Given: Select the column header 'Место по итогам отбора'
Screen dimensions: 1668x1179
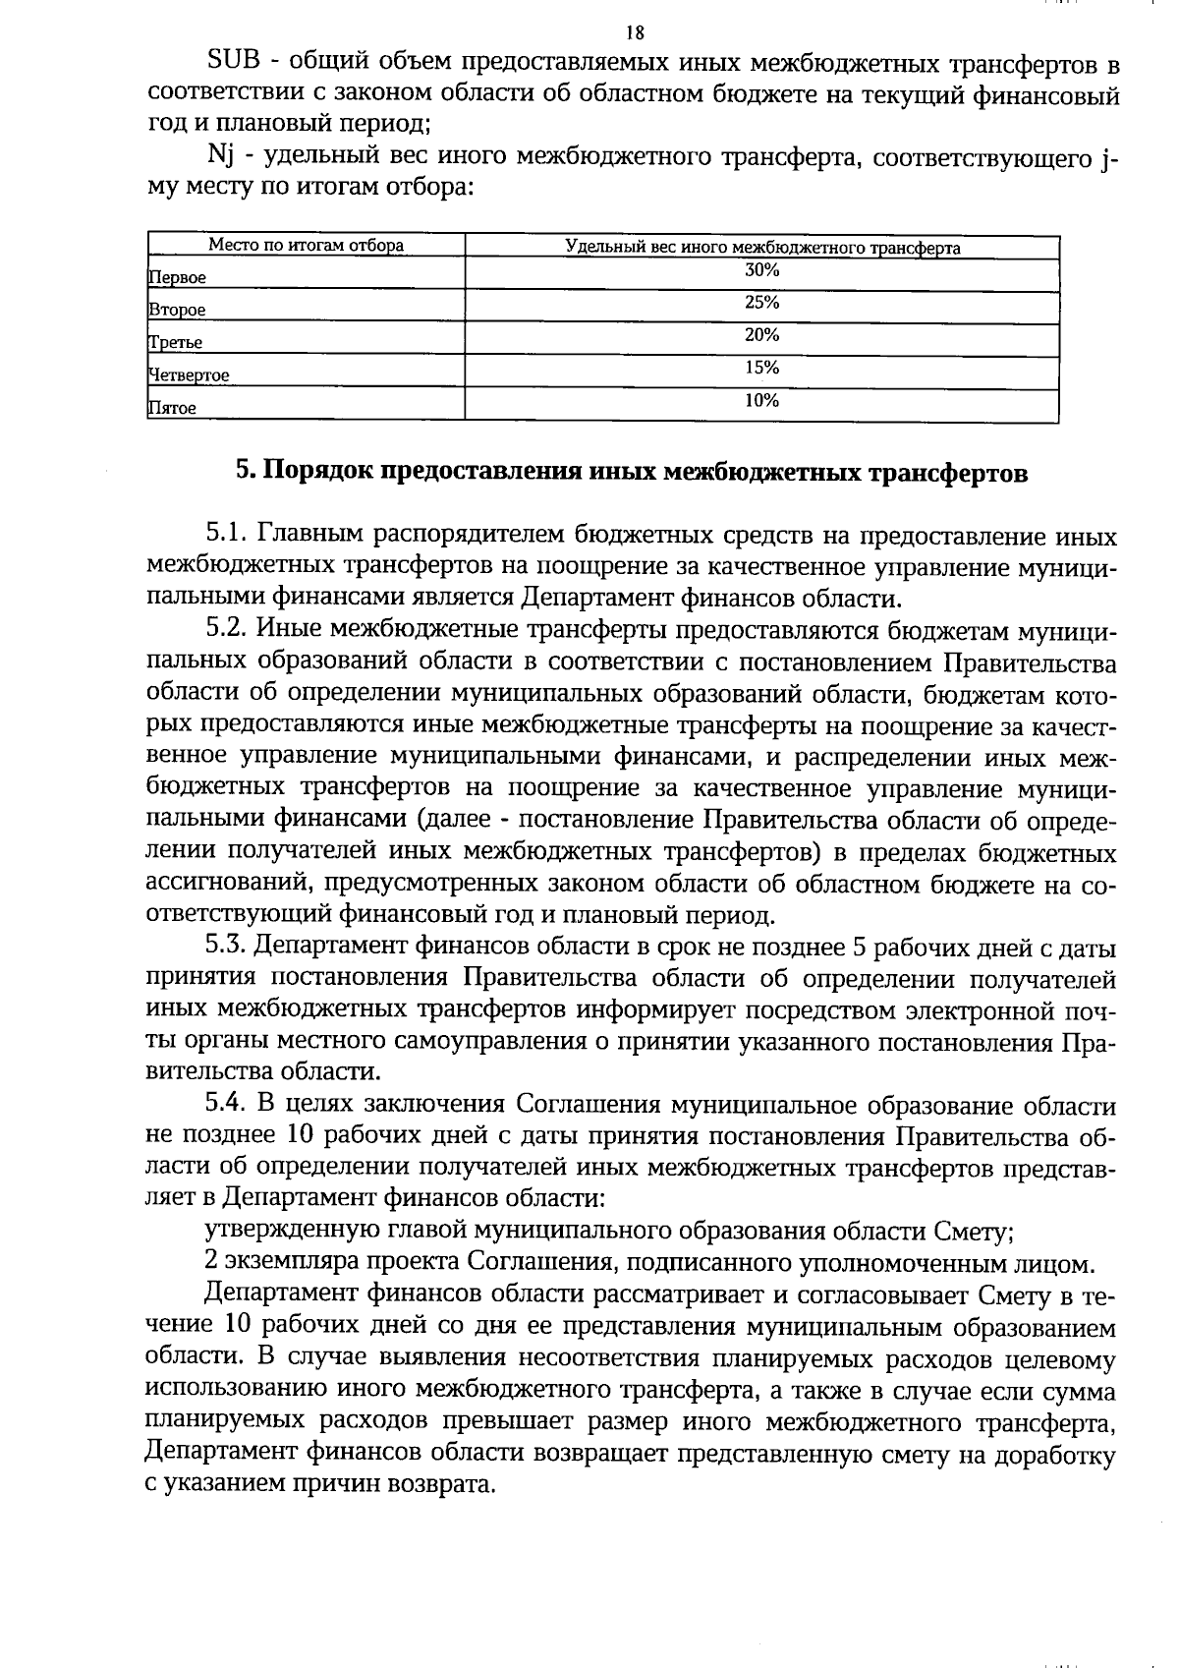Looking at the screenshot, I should coord(306,246).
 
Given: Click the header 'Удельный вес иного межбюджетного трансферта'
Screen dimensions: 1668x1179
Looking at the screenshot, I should coord(762,248).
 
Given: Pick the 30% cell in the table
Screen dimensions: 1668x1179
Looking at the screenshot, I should coord(761,270).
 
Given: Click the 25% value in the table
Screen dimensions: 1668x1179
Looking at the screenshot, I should coord(761,303).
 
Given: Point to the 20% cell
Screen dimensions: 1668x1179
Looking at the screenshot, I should coord(761,335).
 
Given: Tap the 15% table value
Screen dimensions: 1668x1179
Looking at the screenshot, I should coord(761,368).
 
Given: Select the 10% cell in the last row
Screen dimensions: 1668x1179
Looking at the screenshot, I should coord(761,400).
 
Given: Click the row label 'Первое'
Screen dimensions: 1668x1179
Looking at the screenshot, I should coord(178,278).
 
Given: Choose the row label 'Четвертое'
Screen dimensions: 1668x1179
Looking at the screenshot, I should coord(189,375).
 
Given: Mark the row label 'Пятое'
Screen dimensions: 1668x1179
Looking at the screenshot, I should coord(172,408).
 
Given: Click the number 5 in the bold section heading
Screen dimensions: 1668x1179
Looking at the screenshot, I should coord(244,473).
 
